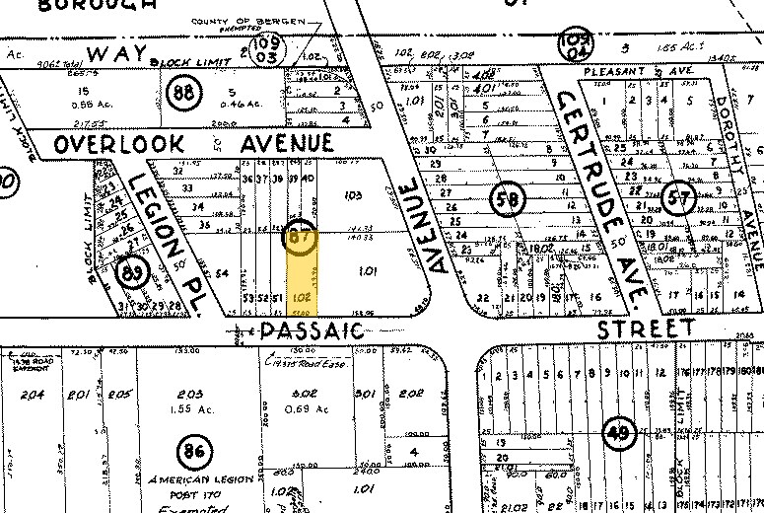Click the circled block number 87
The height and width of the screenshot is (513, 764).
click(x=300, y=237)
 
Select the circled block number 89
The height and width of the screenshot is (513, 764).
click(x=129, y=271)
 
